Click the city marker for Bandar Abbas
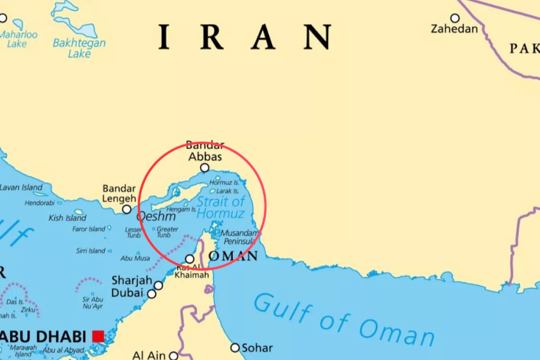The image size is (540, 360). coord(205,168)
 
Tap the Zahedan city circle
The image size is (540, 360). coord(455,18)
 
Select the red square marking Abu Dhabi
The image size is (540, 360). coord(98,336)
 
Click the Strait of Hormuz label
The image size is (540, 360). coord(220,207)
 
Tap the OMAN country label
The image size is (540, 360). coord(234,256)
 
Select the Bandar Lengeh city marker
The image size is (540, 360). coord(127,209)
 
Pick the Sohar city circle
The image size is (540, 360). coord(235,348)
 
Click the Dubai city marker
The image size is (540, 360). coord(152,294)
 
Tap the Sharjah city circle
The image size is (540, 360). coord(158,285)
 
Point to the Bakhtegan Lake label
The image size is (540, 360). coord(79,48)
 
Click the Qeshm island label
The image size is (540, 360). coord(156,217)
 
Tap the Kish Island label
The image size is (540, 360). coord(67,218)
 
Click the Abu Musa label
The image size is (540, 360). coord(135,258)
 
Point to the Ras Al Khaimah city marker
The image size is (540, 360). coord(190,259)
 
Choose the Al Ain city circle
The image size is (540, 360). coord(174,356)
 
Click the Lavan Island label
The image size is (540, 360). coord(22,187)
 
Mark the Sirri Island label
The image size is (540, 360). coord(90,251)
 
